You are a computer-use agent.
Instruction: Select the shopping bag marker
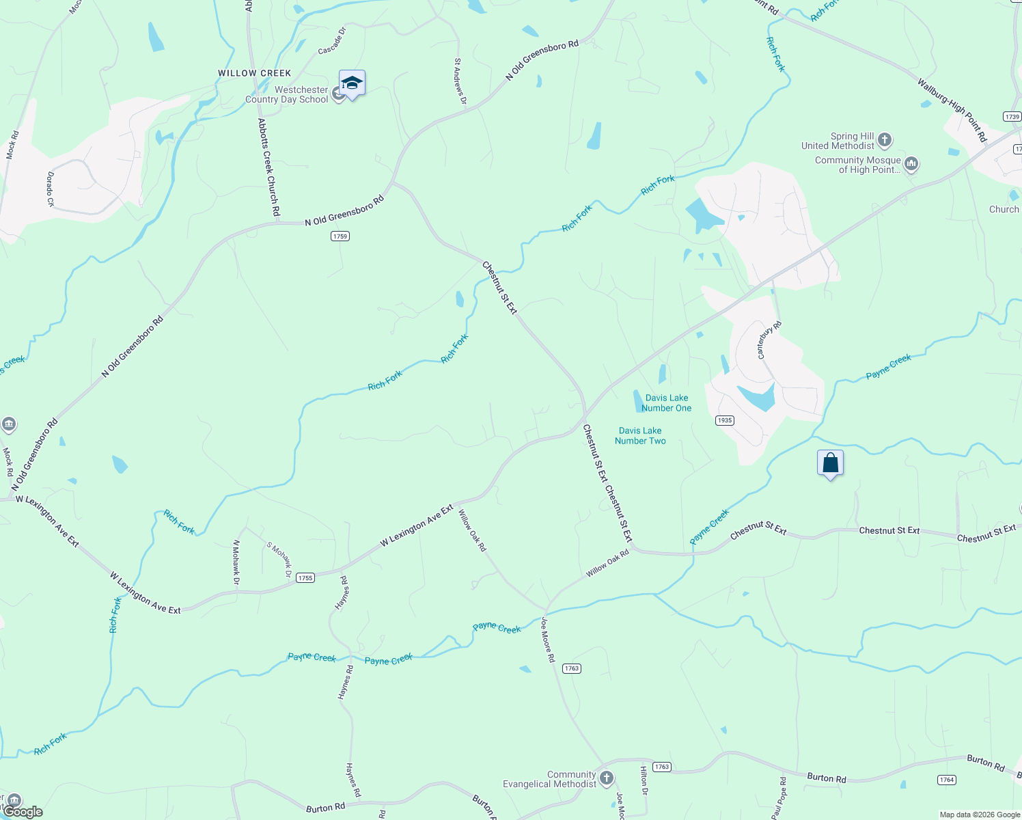(830, 463)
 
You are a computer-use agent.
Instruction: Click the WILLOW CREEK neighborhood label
(255, 73)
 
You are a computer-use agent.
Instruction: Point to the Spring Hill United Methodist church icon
(885, 141)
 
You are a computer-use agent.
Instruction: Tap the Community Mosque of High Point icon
(911, 164)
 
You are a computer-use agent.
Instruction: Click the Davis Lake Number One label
(667, 403)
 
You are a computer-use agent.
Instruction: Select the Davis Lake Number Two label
(640, 436)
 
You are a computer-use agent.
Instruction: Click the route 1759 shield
(340, 236)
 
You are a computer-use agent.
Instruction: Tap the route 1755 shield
(305, 578)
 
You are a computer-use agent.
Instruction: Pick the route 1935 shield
(725, 420)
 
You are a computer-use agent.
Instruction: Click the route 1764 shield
(946, 780)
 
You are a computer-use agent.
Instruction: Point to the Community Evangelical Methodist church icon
(606, 778)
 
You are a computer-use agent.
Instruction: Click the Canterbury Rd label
(769, 340)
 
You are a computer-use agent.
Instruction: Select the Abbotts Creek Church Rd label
(268, 167)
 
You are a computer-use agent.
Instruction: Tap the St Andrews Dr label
(460, 82)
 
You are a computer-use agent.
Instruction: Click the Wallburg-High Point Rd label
(952, 111)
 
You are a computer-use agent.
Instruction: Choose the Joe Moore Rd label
(548, 640)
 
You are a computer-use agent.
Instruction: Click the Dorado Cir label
(50, 189)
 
